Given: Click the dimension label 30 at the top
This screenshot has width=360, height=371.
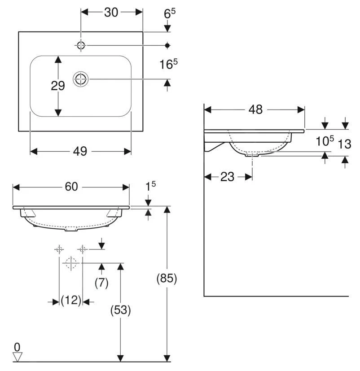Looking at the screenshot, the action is (x=111, y=12).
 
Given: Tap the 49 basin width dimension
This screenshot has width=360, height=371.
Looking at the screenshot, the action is (x=80, y=152).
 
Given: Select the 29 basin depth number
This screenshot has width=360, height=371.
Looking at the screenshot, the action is (x=58, y=86).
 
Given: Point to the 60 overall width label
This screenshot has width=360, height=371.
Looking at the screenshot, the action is (x=71, y=187).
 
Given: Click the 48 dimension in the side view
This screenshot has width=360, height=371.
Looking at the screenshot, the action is (x=255, y=110).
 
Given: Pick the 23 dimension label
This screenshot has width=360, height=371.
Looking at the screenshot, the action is (x=227, y=177).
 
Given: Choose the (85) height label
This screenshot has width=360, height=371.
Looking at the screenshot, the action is (x=167, y=279).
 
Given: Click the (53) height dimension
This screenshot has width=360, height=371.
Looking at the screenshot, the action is (x=120, y=310).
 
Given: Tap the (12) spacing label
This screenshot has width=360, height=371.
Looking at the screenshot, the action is (x=71, y=301).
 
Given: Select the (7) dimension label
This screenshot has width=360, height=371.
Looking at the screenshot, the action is (x=101, y=283).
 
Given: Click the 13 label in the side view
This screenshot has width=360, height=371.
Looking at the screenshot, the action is (x=344, y=144).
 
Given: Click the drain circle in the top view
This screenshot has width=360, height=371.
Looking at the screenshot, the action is (x=81, y=79).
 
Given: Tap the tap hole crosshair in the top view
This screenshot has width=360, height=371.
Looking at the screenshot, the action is (x=81, y=45).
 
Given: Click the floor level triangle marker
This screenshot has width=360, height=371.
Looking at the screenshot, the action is (x=17, y=357).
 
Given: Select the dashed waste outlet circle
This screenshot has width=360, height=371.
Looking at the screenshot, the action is (x=71, y=263).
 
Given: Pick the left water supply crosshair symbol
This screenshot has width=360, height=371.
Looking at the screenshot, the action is (x=59, y=249).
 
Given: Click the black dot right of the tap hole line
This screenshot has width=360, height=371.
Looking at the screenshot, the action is (x=167, y=45).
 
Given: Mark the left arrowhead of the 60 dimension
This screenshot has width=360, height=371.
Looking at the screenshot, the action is (x=16, y=188).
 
